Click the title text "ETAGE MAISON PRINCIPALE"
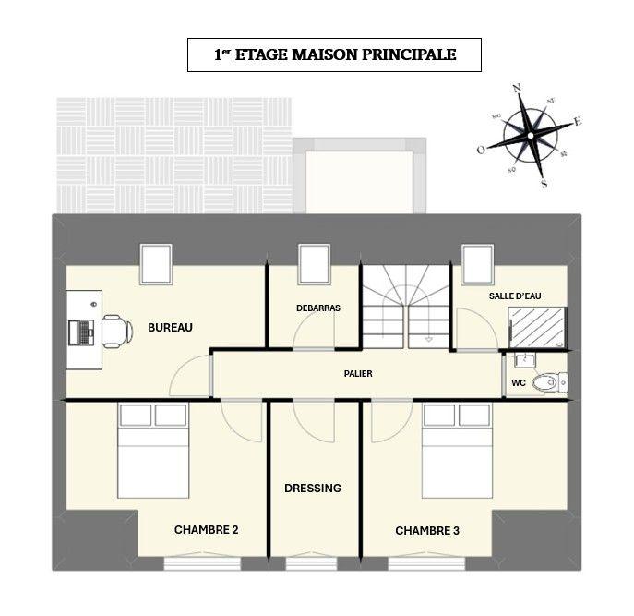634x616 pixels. [x=345, y=55]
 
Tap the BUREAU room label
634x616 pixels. [x=170, y=328]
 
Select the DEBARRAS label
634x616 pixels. [x=314, y=307]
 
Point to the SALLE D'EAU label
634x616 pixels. [x=515, y=295]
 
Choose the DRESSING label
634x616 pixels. [x=313, y=488]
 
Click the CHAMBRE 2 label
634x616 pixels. [x=207, y=530]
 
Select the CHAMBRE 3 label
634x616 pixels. [x=427, y=531]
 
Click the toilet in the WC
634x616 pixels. [x=553, y=380]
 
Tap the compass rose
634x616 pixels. [x=530, y=135]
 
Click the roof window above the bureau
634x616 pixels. [x=156, y=263]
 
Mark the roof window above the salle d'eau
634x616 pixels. [x=478, y=263]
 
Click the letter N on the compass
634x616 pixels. [x=517, y=88]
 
